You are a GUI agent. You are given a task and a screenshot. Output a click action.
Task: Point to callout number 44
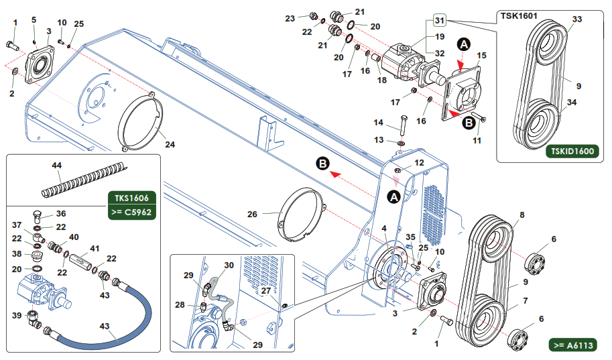pos(56,165)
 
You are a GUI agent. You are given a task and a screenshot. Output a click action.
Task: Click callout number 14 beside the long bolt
pos(378,123)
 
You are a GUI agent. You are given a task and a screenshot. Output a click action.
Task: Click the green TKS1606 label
pos(133,198)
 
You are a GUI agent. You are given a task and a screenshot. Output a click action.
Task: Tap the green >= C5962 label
pos(133,213)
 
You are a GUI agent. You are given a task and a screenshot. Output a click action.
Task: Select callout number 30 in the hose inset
pos(229,265)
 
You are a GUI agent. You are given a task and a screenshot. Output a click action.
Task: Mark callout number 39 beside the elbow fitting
pos(16,315)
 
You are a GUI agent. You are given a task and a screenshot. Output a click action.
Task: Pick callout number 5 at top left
pos(34,20)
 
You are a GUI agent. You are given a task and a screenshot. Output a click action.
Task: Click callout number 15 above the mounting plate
pos(481,55)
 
